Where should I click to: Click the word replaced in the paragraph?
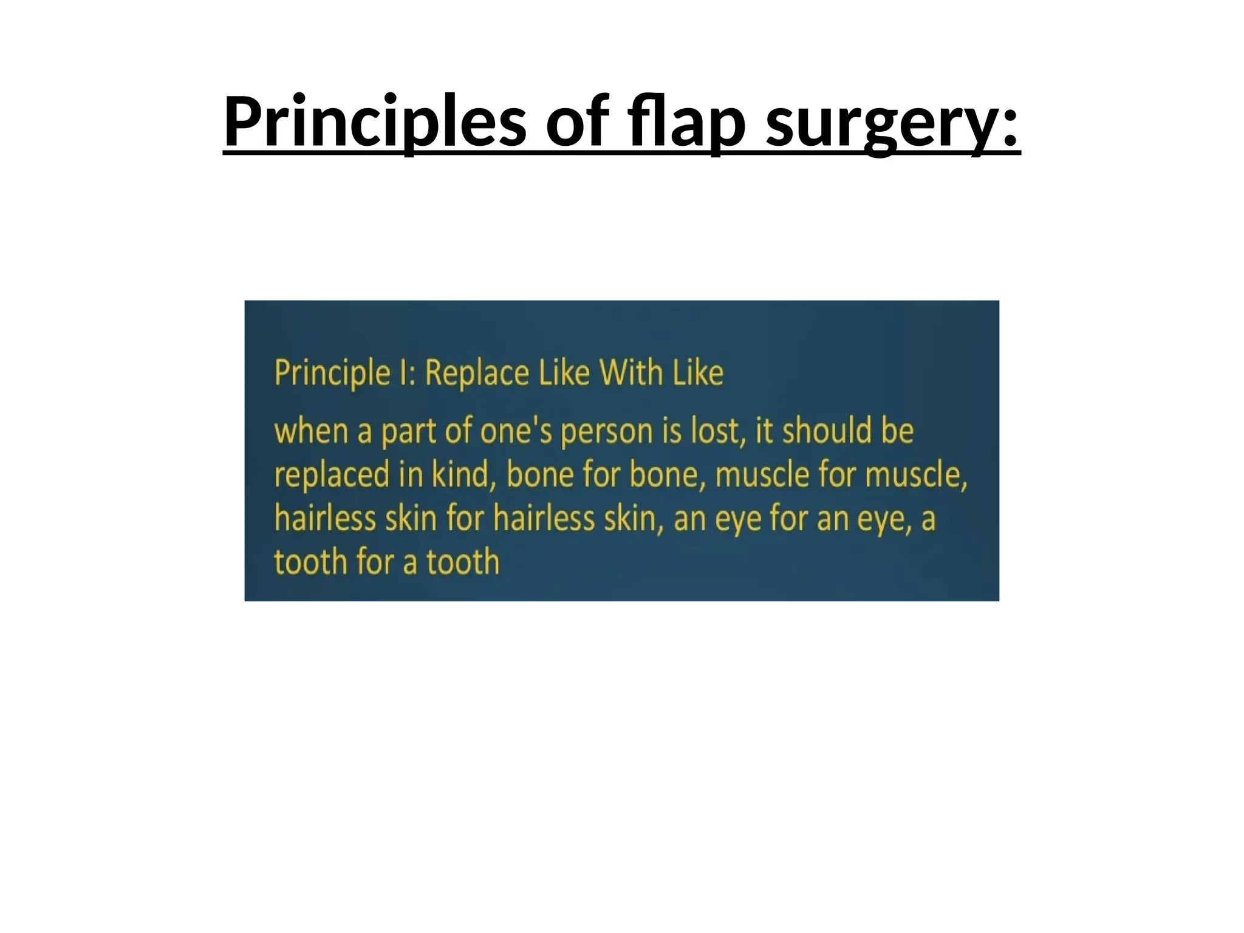click(x=332, y=475)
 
